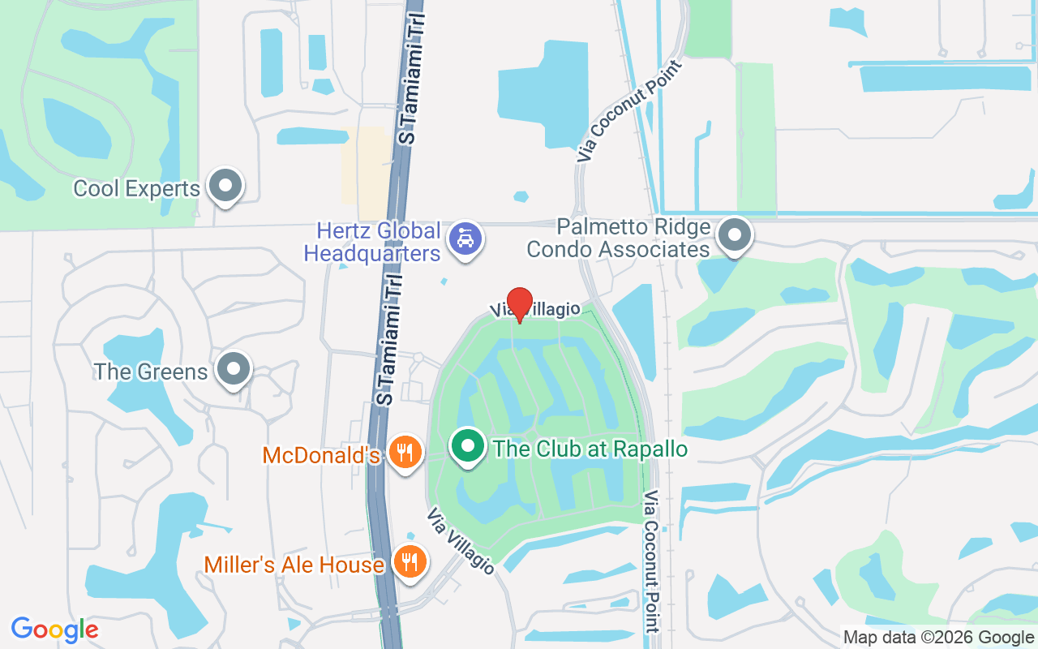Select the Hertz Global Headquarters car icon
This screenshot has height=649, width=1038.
pyautogui.click(x=466, y=239)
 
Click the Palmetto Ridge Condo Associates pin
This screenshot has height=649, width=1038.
pyautogui.click(x=735, y=235)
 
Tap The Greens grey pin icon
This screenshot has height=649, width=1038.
pyautogui.click(x=234, y=369)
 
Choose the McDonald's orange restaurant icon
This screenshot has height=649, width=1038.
pyautogui.click(x=404, y=453)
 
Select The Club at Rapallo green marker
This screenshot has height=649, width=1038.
pyautogui.click(x=467, y=447)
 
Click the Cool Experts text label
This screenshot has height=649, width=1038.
pyautogui.click(x=136, y=189)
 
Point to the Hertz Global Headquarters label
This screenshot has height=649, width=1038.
pyautogui.click(x=372, y=242)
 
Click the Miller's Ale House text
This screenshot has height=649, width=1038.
pyautogui.click(x=294, y=565)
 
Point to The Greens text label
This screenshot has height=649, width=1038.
pyautogui.click(x=151, y=372)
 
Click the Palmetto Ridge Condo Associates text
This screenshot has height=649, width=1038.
pyautogui.click(x=619, y=239)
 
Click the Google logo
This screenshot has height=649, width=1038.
pyautogui.click(x=55, y=630)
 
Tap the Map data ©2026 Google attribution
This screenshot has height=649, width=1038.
pyautogui.click(x=939, y=638)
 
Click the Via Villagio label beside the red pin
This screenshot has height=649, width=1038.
pyautogui.click(x=536, y=309)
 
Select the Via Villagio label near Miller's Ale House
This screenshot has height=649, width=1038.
pyautogui.click(x=460, y=541)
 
